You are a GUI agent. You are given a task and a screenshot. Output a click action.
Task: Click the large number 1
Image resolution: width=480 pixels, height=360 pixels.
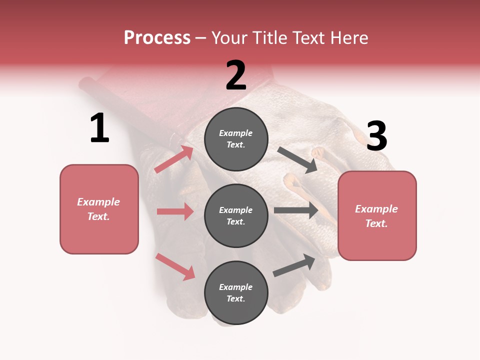[x=99, y=128]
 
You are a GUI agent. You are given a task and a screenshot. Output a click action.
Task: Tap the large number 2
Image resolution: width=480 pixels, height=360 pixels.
[x=236, y=75]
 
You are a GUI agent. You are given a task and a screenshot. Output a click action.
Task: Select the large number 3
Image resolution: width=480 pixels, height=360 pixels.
[x=376, y=136]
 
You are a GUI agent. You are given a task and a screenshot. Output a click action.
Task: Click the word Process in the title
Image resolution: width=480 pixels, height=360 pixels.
[x=157, y=37]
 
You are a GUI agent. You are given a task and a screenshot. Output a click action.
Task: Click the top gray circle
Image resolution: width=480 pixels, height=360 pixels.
[x=236, y=139]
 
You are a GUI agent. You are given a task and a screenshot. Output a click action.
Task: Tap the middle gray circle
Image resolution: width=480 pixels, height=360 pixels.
[x=236, y=216]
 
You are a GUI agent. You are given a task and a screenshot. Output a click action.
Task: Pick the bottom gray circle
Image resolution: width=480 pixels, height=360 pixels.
[x=236, y=293]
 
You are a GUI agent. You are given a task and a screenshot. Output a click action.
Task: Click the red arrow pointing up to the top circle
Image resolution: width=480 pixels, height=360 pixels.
[x=174, y=159]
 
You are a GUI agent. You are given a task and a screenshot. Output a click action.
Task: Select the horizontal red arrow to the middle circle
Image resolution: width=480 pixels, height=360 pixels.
[x=175, y=211]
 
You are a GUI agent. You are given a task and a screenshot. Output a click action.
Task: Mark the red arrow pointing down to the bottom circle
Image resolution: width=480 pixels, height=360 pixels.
[x=175, y=266]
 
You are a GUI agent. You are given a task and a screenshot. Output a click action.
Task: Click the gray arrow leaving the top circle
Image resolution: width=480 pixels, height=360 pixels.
[x=297, y=160]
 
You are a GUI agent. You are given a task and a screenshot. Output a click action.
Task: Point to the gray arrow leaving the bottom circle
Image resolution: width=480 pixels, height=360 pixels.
[x=294, y=265]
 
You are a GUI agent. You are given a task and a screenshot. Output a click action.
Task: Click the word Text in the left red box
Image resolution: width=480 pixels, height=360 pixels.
[x=98, y=216]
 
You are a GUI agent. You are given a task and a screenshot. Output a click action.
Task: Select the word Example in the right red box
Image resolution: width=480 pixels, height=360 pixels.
[x=376, y=209]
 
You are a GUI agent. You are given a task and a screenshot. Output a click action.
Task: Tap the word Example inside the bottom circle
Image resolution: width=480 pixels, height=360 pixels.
[x=236, y=287]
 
